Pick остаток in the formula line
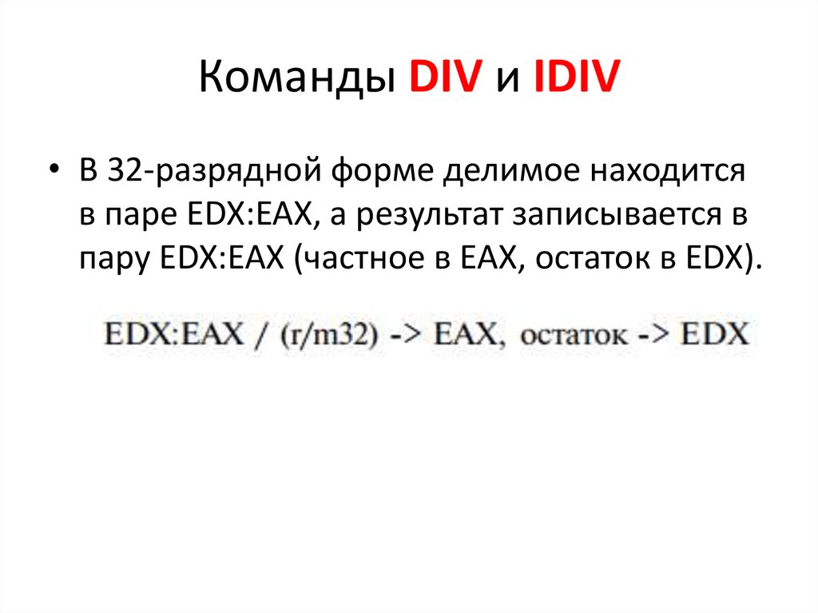pyautogui.click(x=574, y=335)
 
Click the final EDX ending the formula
pyautogui.click(x=715, y=333)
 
